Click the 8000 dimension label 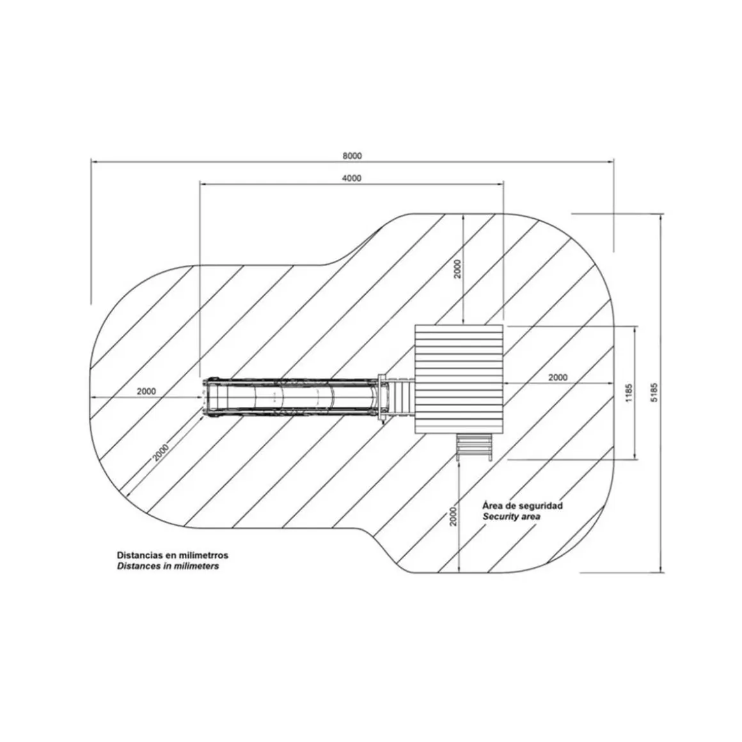(352, 156)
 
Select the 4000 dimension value (352, 178)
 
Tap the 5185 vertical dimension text (654, 392)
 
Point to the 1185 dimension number (628, 393)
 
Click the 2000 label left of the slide (146, 391)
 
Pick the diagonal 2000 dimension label (161, 452)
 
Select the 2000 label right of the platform (557, 377)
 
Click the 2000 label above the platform (457, 269)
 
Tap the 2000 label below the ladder (454, 516)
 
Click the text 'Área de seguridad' (523, 505)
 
